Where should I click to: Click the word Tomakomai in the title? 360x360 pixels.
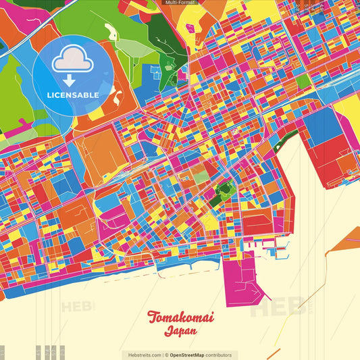coord(180,317)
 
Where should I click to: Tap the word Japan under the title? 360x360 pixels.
coord(180,332)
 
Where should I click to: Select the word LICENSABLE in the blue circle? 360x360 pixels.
coord(73,95)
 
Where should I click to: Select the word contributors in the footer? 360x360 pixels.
coord(219,355)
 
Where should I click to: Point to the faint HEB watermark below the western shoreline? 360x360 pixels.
coord(78,307)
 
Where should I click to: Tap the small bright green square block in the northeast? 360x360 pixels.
coord(303,81)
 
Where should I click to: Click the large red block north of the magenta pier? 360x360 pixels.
coord(256,224)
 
